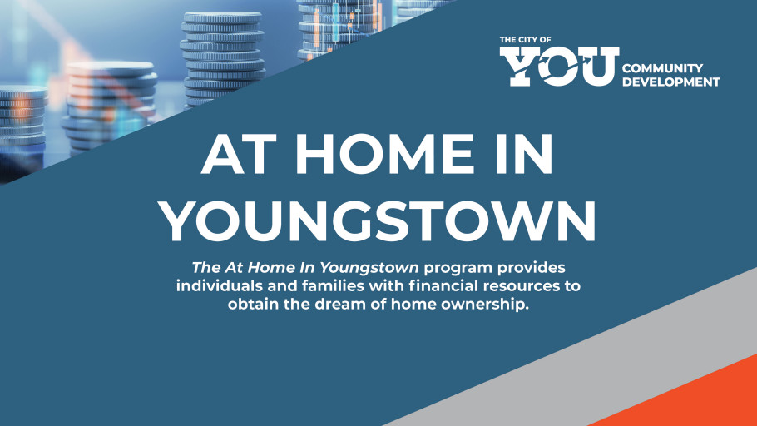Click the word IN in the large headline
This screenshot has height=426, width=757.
(521, 156)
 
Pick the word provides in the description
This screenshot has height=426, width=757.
(532, 268)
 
